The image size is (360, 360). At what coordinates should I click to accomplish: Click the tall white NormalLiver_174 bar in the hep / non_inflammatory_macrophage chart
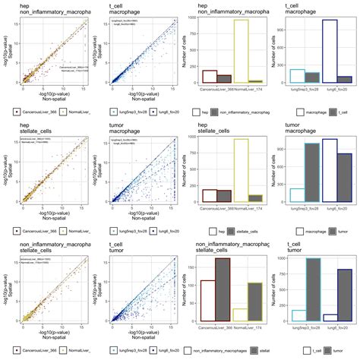pos(242,51)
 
